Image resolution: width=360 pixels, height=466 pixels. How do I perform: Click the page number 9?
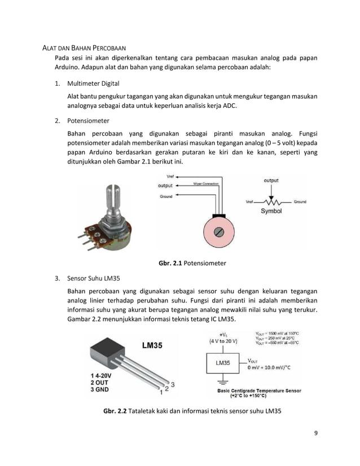point(315,433)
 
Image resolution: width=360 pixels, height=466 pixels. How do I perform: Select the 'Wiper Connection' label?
point(207,184)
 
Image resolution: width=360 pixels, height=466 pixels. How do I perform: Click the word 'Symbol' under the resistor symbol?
point(271,211)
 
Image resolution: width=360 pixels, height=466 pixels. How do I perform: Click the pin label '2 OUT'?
point(99,382)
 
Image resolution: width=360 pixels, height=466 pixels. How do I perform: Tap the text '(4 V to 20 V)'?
point(223,341)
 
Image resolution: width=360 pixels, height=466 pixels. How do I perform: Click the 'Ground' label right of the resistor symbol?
point(300,201)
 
